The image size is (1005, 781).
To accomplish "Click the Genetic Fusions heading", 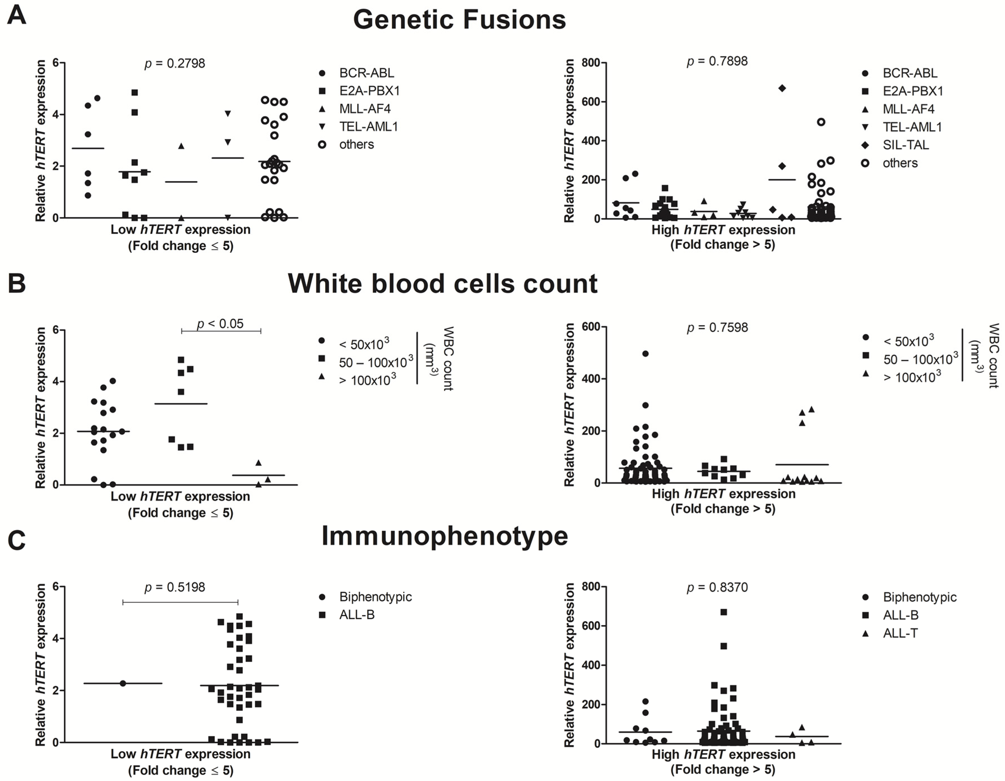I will (x=459, y=20).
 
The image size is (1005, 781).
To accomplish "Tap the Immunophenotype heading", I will (x=445, y=536).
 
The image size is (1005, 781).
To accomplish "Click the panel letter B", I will (x=17, y=283).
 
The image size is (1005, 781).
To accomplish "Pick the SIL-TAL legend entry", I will (x=905, y=145).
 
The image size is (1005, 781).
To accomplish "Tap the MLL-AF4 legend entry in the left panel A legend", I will (x=364, y=108).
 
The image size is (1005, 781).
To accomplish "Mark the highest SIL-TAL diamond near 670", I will (x=782, y=88).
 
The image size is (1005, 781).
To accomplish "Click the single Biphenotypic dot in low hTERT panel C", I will (x=123, y=683).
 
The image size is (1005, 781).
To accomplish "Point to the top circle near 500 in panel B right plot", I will (x=645, y=353).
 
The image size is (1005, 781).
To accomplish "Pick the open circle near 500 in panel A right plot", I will (x=821, y=122).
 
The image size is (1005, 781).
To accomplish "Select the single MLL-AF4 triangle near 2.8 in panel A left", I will (x=181, y=146).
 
